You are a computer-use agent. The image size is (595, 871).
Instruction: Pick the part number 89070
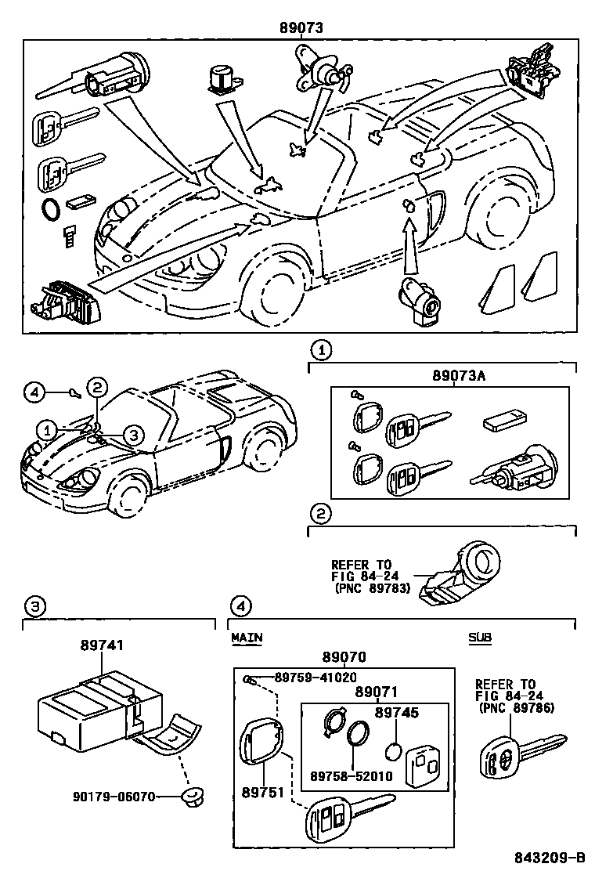click(x=344, y=657)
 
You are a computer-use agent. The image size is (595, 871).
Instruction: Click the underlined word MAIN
click(x=247, y=638)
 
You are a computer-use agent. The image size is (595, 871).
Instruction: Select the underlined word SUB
click(x=480, y=638)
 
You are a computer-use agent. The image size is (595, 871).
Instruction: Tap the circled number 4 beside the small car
click(x=32, y=392)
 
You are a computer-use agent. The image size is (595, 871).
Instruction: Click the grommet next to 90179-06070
click(x=190, y=797)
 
